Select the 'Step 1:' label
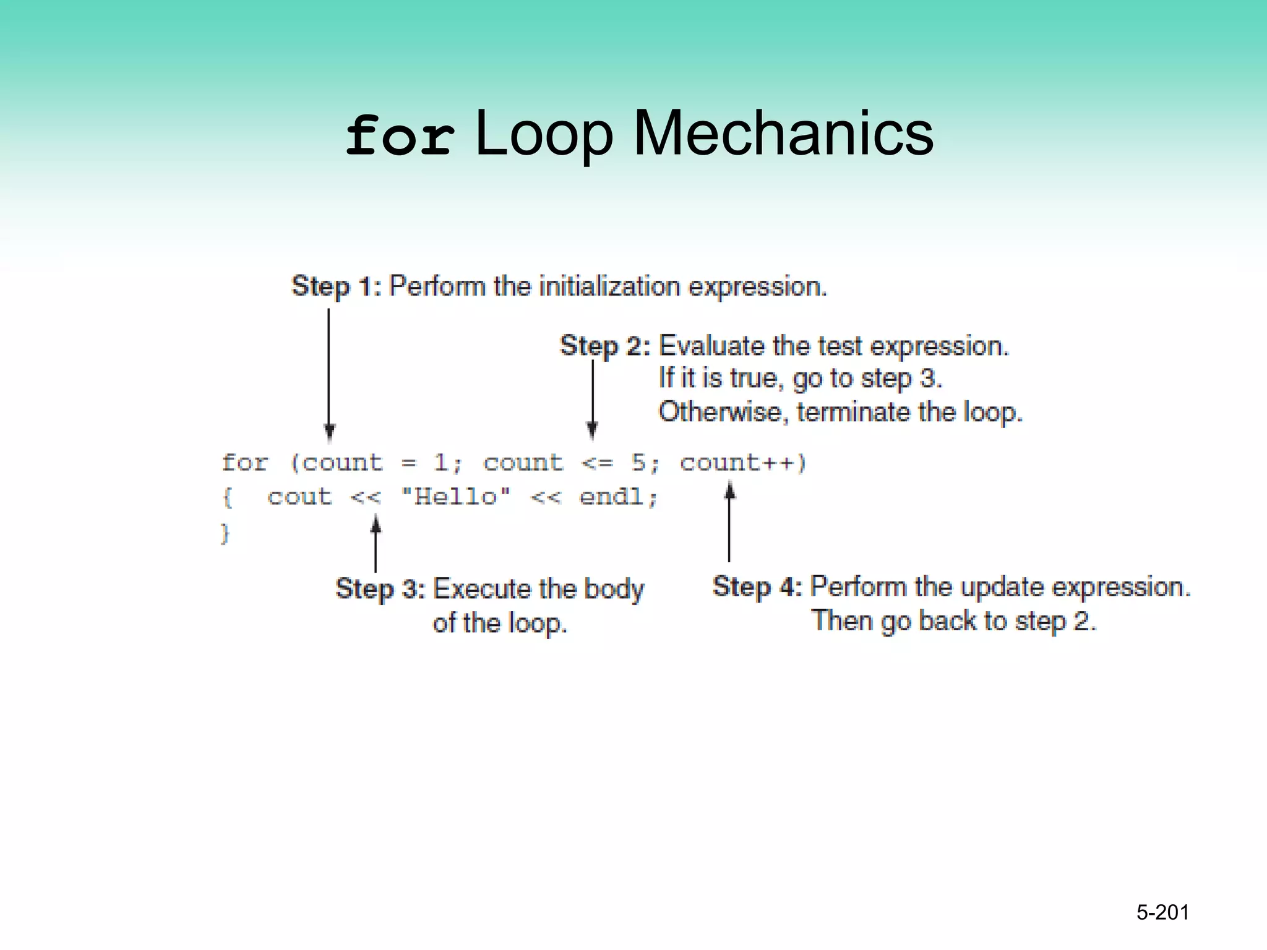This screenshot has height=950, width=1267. coord(336,286)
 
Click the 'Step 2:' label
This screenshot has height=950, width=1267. coord(604,346)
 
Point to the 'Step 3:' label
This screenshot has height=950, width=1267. coord(380,589)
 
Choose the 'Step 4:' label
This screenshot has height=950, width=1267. coord(757,586)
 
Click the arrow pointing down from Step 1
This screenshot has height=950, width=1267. coord(329,374)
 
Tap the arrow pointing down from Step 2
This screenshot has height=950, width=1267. coord(592,399)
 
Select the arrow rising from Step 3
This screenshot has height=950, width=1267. coord(376,544)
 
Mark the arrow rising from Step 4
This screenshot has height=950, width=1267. coord(729,523)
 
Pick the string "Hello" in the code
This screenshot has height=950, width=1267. coord(456,497)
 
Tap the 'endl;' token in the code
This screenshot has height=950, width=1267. coord(618,497)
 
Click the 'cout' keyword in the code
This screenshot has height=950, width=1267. coord(299,497)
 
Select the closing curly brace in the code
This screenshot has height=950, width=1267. coord(225,533)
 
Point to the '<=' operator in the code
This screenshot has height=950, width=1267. coord(597,463)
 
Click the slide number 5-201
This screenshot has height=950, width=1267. coord(1162,912)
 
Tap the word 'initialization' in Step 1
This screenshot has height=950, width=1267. coord(609,286)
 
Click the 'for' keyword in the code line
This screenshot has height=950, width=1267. coord(245,463)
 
